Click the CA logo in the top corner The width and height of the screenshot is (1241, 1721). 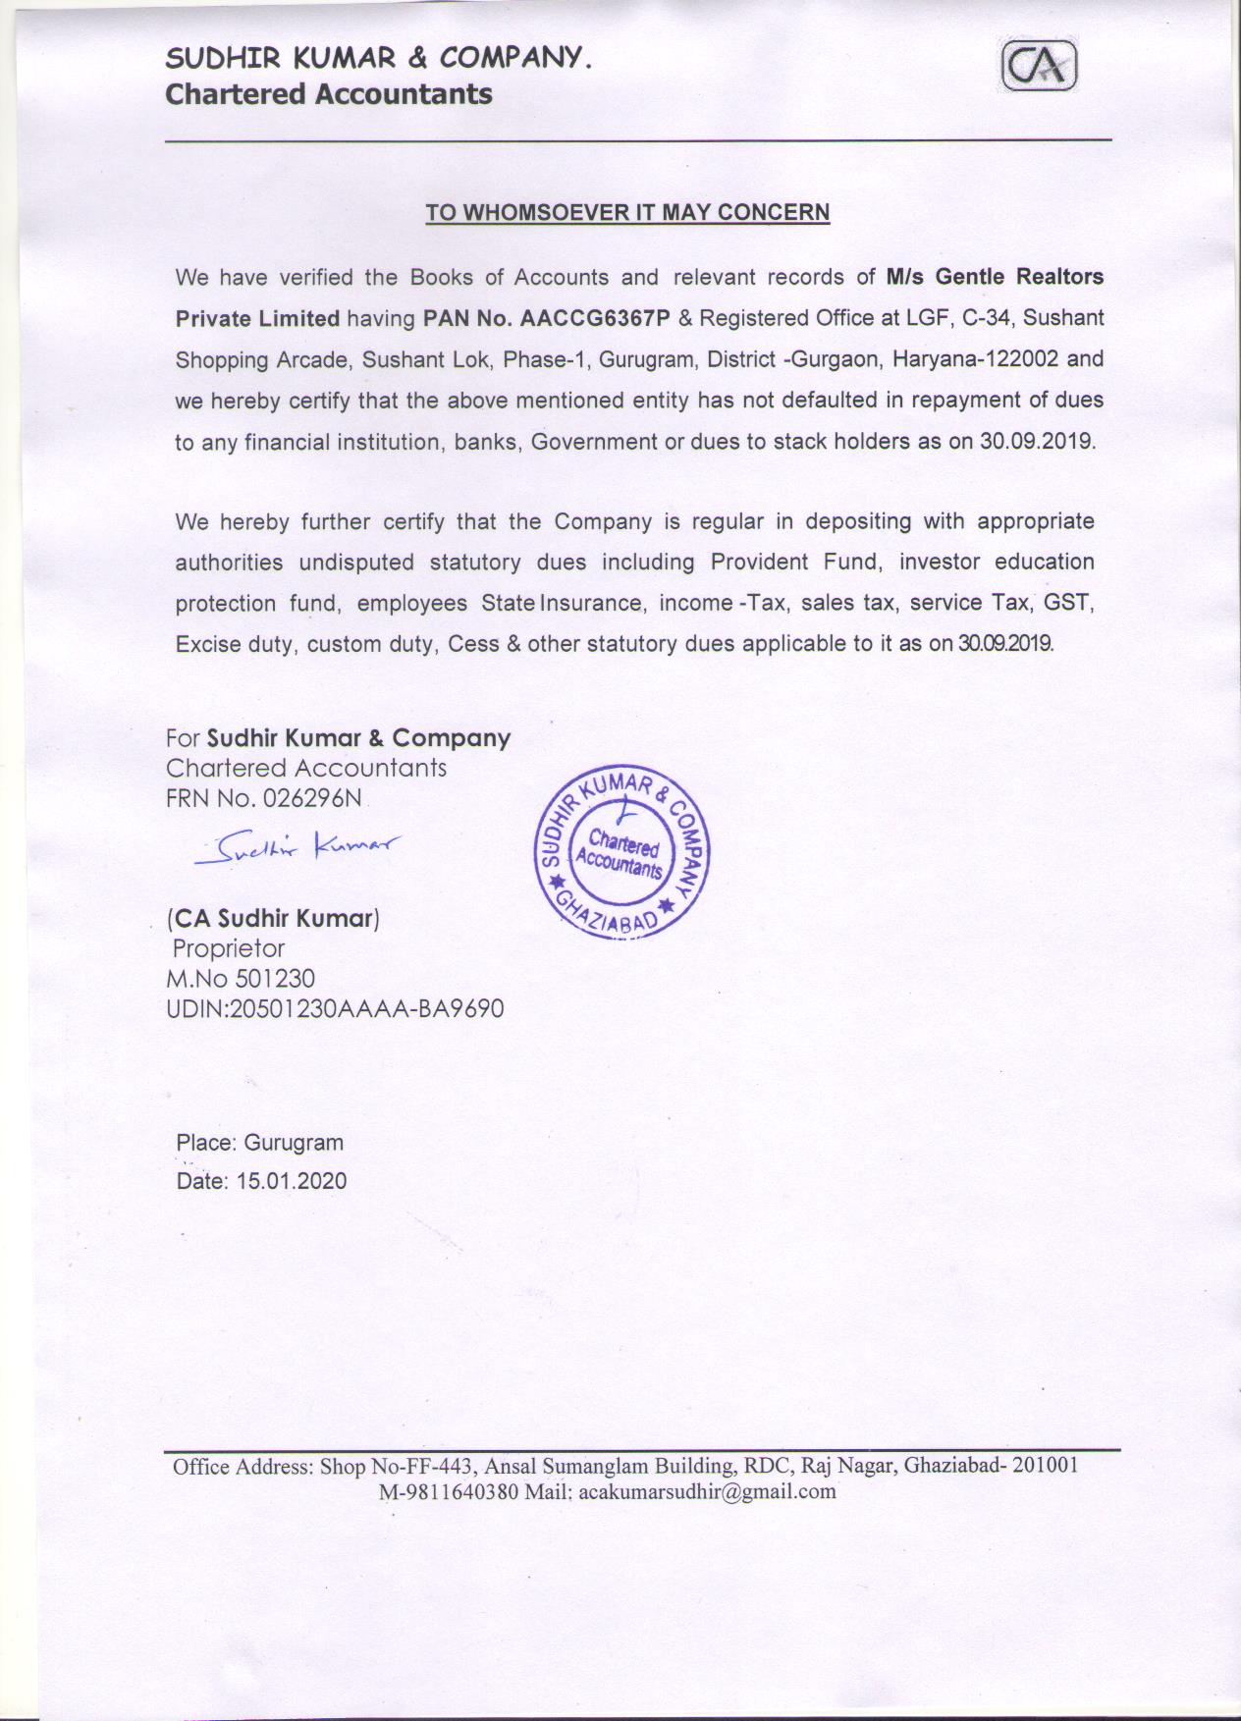[1040, 69]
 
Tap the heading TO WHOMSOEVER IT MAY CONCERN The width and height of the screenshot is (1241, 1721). [627, 212]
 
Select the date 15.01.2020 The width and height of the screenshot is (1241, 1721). [291, 1180]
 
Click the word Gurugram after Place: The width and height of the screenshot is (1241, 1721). [294, 1143]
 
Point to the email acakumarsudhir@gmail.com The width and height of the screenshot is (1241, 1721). [707, 1491]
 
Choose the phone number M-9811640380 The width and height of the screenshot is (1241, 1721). [449, 1491]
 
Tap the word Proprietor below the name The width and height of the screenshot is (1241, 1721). [229, 948]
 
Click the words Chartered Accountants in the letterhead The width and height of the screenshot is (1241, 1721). [329, 94]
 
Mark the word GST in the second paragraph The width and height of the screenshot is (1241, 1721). [1069, 603]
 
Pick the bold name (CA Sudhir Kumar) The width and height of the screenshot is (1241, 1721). [274, 919]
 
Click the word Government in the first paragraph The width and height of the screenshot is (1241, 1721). [593, 442]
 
